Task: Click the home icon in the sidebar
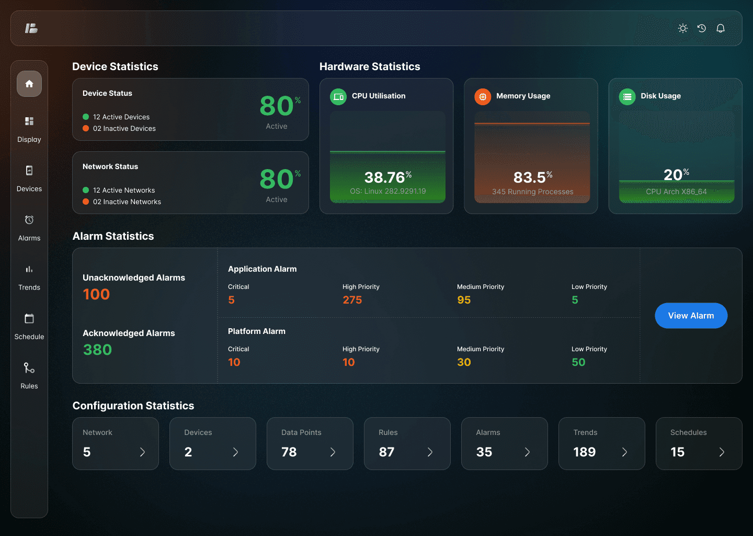29,84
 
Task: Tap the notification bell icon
721,28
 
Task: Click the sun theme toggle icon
683,28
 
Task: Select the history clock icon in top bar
702,28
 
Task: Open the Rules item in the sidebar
29,375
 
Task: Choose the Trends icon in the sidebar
29,269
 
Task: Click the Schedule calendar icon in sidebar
29,318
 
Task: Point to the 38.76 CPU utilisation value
384,177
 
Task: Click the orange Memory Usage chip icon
483,97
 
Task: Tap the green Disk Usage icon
627,97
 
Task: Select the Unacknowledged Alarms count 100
96,294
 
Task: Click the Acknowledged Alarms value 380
97,350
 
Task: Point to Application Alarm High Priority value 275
352,300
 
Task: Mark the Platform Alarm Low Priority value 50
578,362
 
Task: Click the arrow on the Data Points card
333,452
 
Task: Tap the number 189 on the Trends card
585,452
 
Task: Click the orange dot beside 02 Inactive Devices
86,128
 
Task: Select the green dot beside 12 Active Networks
86,190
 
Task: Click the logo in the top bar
31,28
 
